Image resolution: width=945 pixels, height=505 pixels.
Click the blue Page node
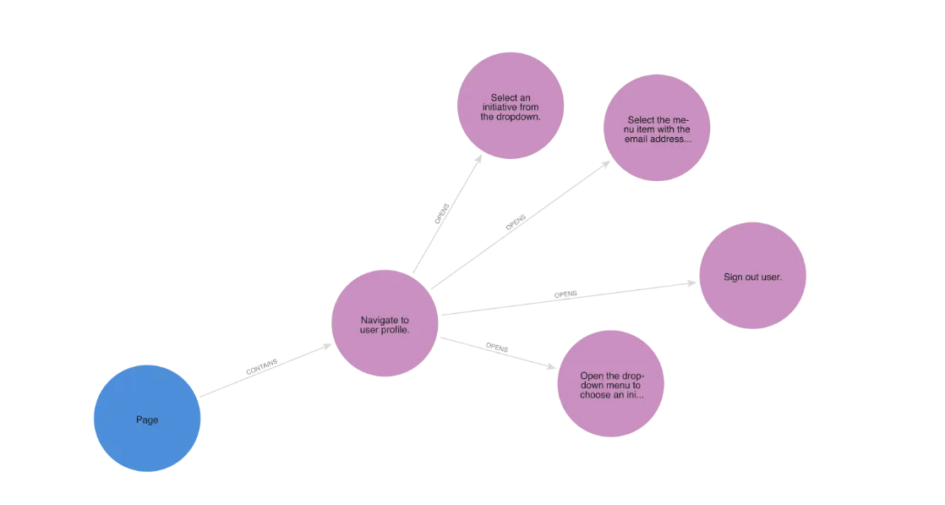(146, 419)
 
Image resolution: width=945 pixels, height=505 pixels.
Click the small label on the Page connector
(259, 368)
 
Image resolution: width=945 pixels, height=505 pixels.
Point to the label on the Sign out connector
(568, 295)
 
